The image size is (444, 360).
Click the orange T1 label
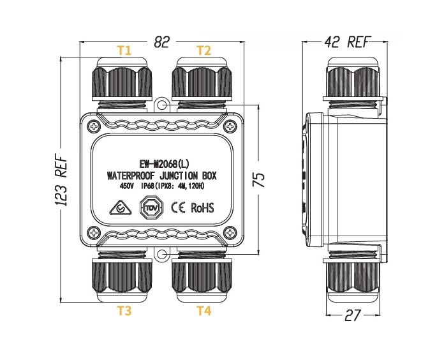[x=124, y=50]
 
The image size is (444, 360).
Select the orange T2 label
[x=204, y=50]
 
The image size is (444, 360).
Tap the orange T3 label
[x=124, y=311]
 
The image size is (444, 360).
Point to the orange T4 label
[x=204, y=311]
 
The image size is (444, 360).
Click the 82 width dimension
[x=161, y=42]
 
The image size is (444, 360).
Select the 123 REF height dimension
[x=61, y=180]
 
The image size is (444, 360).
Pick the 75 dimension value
[x=258, y=179]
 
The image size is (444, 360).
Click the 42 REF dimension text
[x=347, y=42]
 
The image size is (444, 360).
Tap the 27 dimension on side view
[x=353, y=315]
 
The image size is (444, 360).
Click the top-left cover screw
[x=94, y=126]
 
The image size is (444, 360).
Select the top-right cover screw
[x=230, y=126]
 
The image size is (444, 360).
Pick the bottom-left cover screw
[x=94, y=233]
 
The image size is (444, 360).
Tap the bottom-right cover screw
[x=230, y=233]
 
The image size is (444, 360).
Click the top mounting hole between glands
[x=161, y=105]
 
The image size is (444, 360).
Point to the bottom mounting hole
[x=161, y=255]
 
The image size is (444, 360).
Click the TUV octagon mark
[x=151, y=207]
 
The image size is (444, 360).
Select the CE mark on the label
[x=178, y=207]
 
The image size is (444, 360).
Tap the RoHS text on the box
[x=202, y=207]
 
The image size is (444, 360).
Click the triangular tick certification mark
[x=121, y=208]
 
